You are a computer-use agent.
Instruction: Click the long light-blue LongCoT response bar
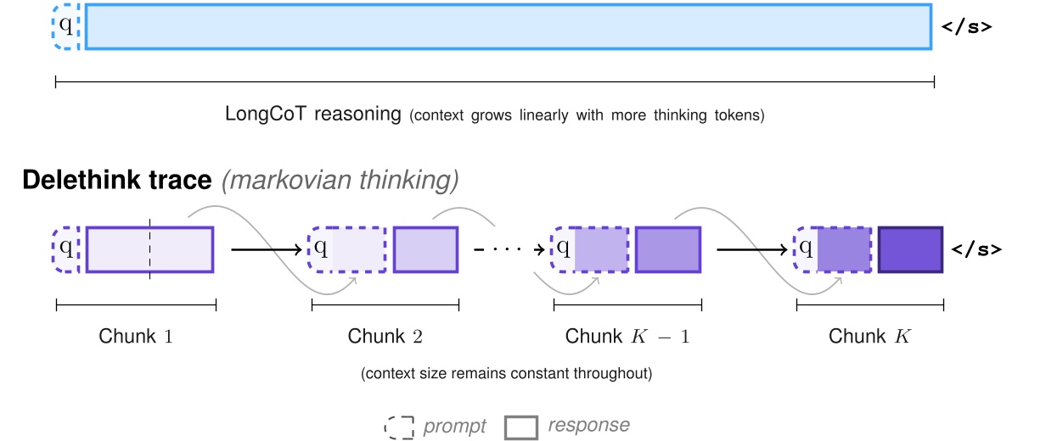(x=508, y=26)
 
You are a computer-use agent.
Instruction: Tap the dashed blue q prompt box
(x=65, y=26)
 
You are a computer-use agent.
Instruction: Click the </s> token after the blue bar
(x=966, y=26)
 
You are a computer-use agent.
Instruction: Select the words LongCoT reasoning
(x=312, y=114)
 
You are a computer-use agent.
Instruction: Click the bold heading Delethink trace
(x=116, y=180)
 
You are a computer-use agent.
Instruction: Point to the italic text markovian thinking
(x=340, y=180)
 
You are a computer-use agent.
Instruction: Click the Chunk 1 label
(x=136, y=336)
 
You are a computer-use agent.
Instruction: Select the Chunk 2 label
(x=385, y=336)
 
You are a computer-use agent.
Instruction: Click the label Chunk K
(x=869, y=336)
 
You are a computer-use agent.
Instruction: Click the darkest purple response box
(x=910, y=249)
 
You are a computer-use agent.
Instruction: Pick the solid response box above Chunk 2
(x=425, y=249)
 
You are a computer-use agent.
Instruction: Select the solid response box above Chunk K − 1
(x=668, y=249)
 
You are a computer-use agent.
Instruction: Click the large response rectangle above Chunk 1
(x=149, y=249)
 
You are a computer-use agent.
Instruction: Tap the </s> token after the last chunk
(x=976, y=249)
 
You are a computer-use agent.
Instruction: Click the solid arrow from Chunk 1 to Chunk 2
(x=266, y=249)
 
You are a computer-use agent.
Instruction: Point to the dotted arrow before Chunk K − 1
(x=507, y=249)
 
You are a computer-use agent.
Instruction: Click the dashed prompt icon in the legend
(x=398, y=427)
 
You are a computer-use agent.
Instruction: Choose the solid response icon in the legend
(x=520, y=427)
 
